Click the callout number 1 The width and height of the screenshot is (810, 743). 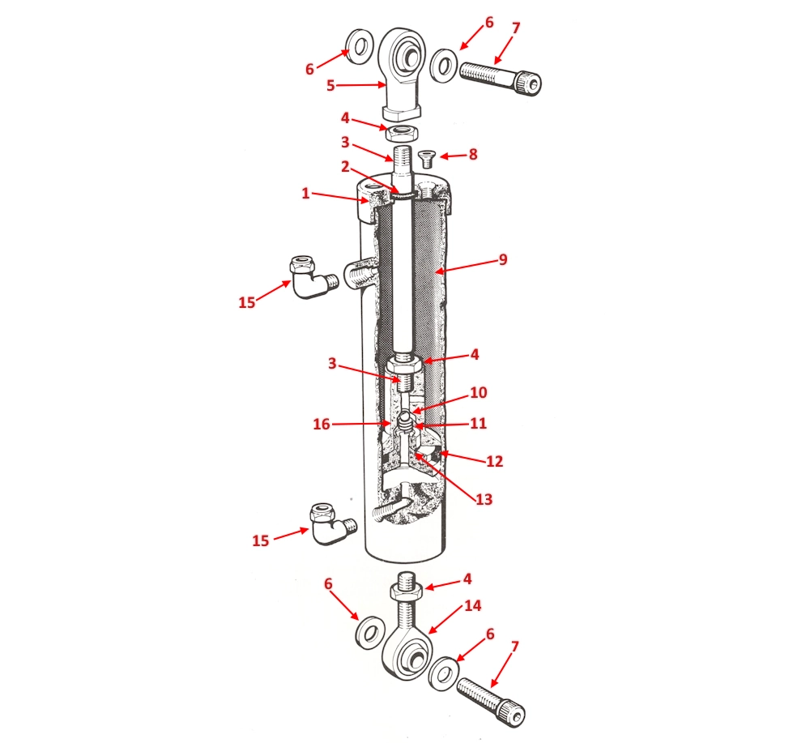(x=305, y=194)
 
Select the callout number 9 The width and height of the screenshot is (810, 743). (x=503, y=261)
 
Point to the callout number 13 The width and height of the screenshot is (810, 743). (x=484, y=500)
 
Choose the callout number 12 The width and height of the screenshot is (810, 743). (x=494, y=461)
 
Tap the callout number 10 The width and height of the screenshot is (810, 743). (x=478, y=393)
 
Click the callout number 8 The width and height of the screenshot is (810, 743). (x=474, y=155)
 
